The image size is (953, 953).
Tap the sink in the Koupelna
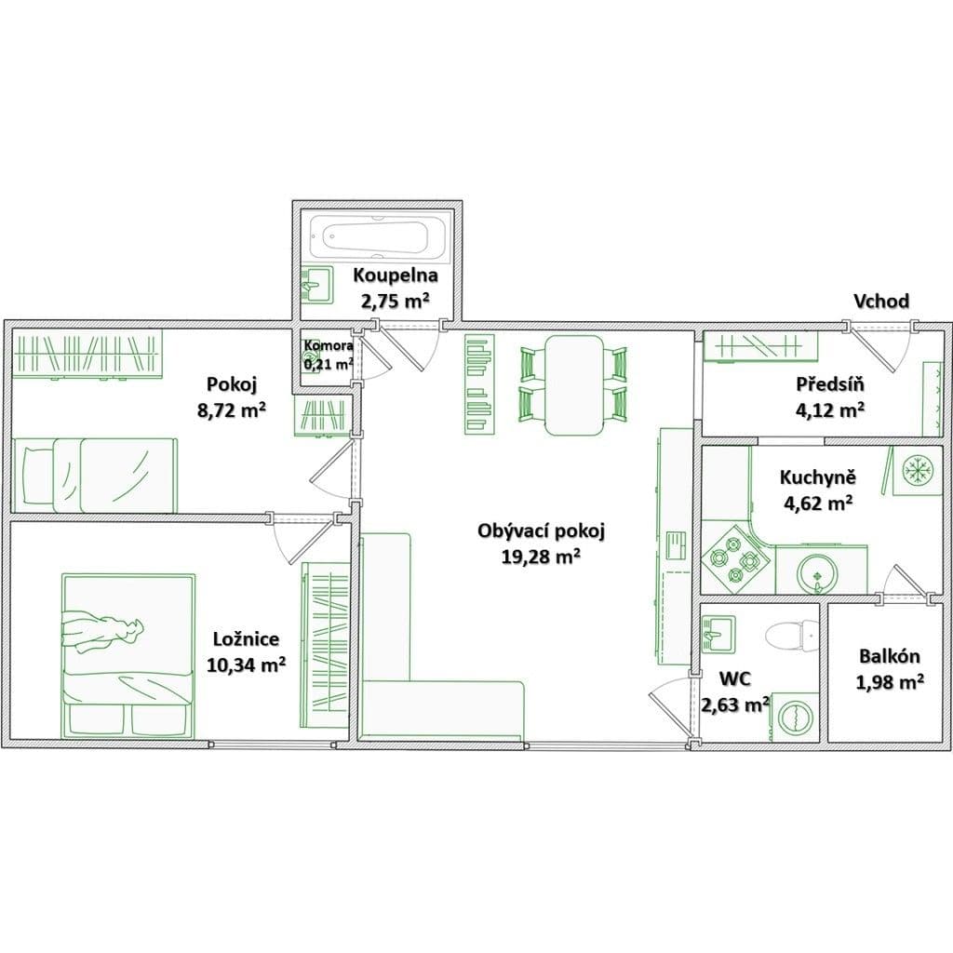pyautogui.click(x=317, y=284)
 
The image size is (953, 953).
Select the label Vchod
pyautogui.click(x=881, y=301)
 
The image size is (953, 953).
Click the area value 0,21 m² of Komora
pyautogui.click(x=328, y=365)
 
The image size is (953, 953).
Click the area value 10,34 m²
pyautogui.click(x=247, y=664)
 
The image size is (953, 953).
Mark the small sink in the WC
pyautogui.click(x=718, y=632)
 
